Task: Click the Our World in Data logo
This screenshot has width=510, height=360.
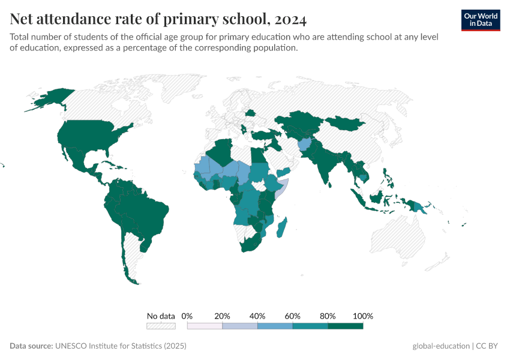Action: coord(481,20)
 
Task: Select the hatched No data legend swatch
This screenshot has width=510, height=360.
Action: coord(161,326)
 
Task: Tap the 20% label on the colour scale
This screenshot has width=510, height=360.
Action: coord(222,316)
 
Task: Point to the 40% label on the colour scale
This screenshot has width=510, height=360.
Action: coord(257,316)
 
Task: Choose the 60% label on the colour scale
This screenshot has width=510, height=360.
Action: coord(293,316)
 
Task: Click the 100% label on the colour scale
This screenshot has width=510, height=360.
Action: coord(363,316)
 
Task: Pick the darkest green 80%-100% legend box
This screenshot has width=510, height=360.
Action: coord(346,326)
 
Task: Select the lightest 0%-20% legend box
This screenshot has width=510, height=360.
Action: coord(205,326)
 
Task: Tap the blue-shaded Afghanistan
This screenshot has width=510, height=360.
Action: coord(304,145)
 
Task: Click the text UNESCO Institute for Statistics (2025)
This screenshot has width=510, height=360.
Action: coord(121,346)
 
